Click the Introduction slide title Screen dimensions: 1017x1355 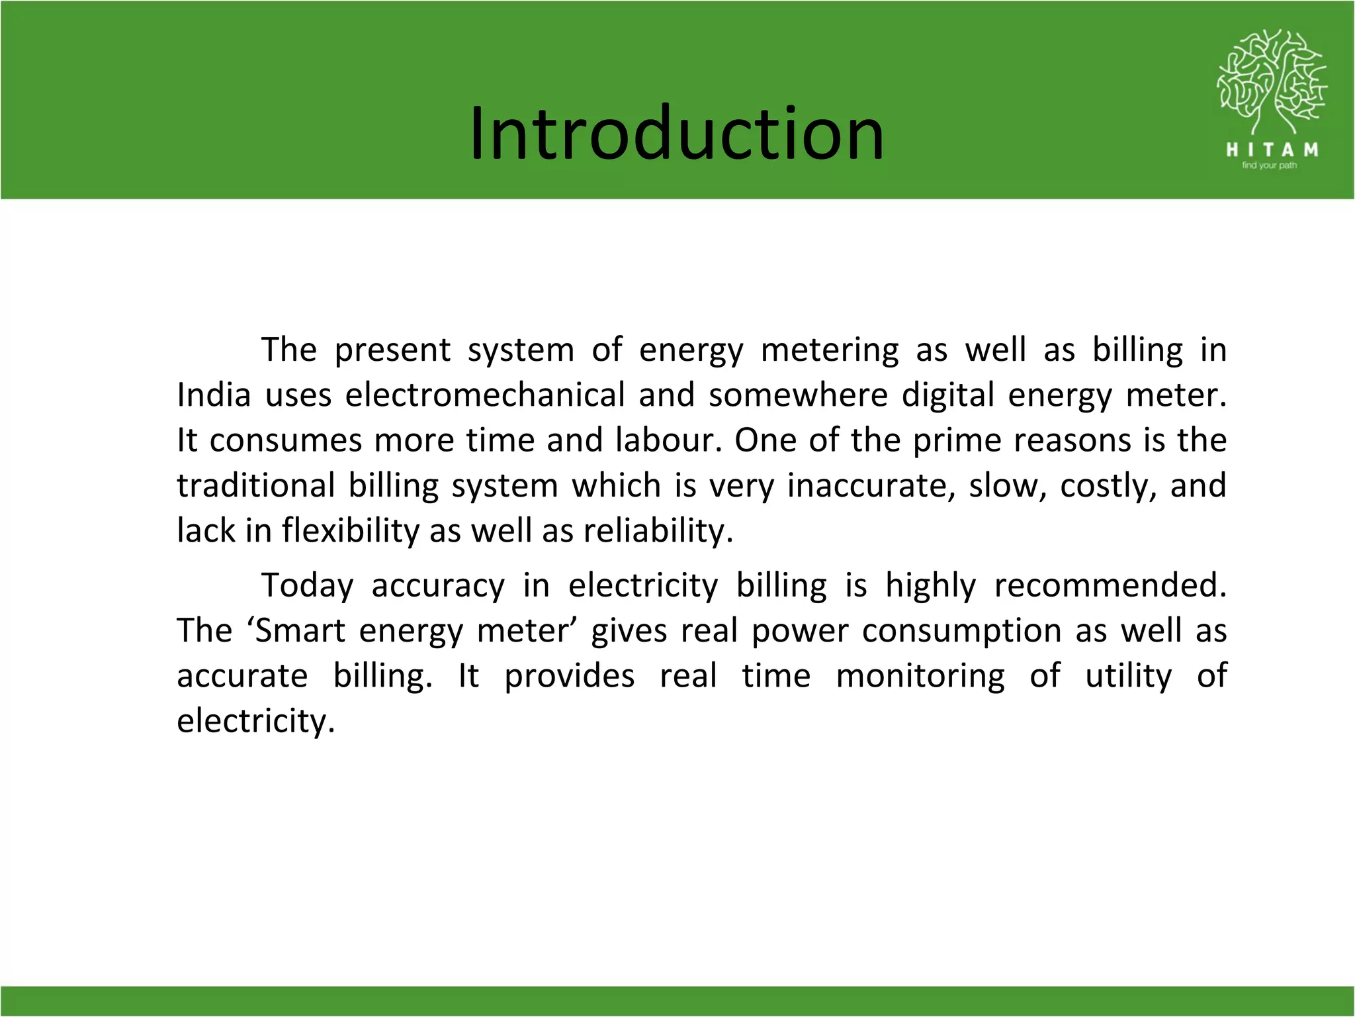[676, 134]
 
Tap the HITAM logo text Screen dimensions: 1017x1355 [1272, 150]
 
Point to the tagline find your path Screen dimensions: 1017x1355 [1269, 166]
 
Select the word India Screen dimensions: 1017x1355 [214, 395]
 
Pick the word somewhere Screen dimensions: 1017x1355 [798, 395]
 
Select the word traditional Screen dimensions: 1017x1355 [256, 485]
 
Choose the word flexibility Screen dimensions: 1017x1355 [351, 531]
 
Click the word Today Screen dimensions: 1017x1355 [308, 586]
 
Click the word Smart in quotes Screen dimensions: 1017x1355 [300, 630]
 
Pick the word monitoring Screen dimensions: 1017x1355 [920, 677]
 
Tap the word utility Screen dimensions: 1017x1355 [1129, 677]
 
